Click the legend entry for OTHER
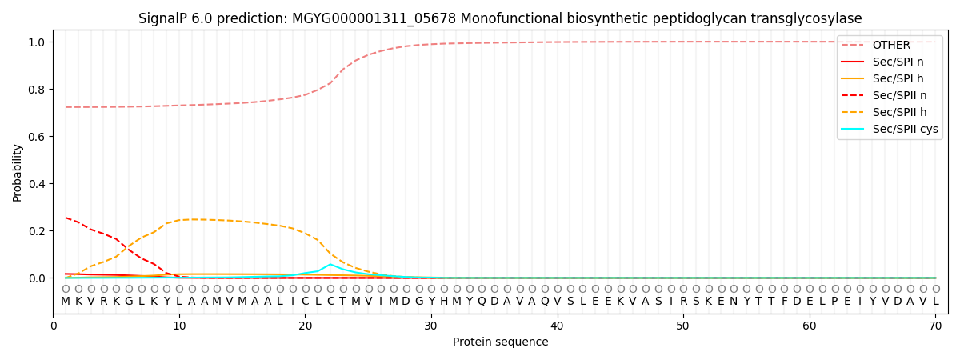pyautogui.click(x=888, y=45)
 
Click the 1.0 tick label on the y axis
pyautogui.click(x=38, y=42)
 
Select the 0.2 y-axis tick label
pyautogui.click(x=38, y=231)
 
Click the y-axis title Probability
pyautogui.click(x=17, y=172)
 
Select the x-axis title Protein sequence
pyautogui.click(x=500, y=342)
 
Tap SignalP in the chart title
pyautogui.click(x=164, y=18)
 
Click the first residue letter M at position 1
pyautogui.click(x=66, y=301)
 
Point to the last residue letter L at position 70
pyautogui.click(x=935, y=301)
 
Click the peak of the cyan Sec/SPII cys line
pyautogui.click(x=330, y=264)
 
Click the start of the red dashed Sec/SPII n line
pyautogui.click(x=66, y=218)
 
